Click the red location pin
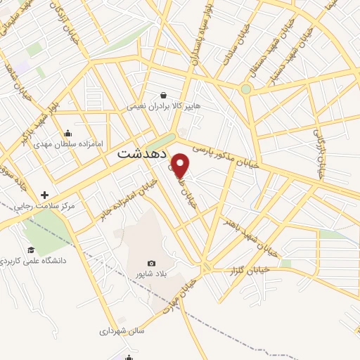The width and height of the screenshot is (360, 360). click(181, 166)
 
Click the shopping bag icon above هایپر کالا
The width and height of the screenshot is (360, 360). click(164, 95)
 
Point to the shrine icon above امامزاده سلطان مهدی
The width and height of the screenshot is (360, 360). click(68, 132)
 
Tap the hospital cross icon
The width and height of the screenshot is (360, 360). click(44, 195)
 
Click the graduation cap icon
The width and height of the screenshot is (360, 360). click(31, 250)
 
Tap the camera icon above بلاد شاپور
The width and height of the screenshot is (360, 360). click(151, 263)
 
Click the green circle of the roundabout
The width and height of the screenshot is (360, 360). click(245, 89)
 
